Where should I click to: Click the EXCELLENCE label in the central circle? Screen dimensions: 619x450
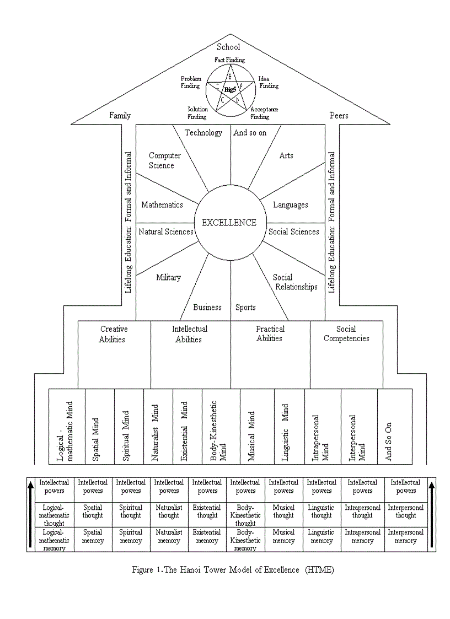[x=229, y=223]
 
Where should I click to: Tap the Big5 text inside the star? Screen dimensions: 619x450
[x=230, y=89]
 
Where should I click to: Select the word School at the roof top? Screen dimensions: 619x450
[x=228, y=47]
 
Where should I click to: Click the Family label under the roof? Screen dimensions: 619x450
[x=120, y=116]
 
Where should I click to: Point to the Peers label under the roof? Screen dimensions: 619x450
[x=339, y=116]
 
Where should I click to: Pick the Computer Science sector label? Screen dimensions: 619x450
[x=164, y=160]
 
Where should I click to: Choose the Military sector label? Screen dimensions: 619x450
[x=168, y=277]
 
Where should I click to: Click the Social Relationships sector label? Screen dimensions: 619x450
[x=295, y=282]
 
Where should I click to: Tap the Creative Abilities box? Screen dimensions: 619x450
[x=114, y=334]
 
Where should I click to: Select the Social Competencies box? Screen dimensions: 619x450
[x=346, y=334]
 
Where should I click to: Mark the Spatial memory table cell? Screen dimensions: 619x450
[x=93, y=537]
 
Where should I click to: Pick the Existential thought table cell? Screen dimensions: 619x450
[x=207, y=512]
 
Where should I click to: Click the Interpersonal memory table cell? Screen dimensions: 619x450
[x=405, y=537]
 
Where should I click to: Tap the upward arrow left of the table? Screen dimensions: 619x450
[x=31, y=514]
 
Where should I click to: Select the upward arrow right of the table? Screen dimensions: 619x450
[x=431, y=514]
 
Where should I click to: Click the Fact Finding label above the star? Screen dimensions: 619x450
[x=229, y=60]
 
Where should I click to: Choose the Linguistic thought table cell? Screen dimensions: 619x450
[x=322, y=512]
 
